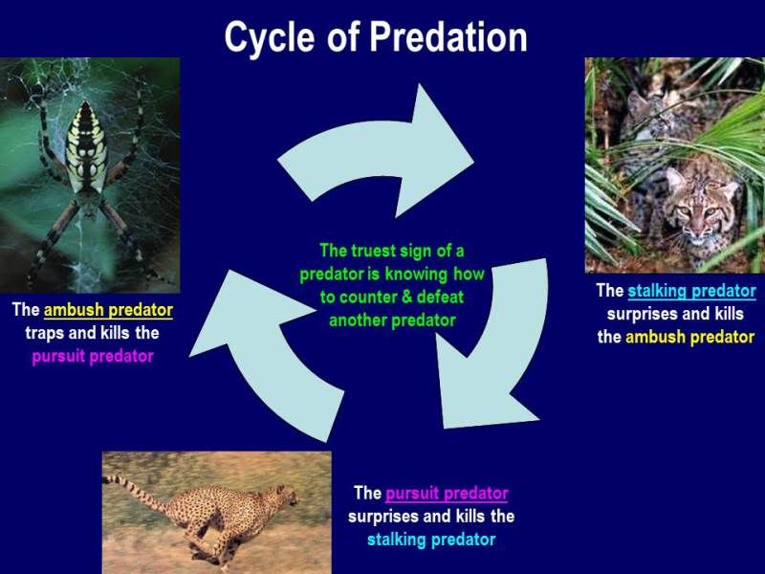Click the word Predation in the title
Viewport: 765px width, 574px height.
[448, 37]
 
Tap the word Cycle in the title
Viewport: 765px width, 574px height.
[270, 38]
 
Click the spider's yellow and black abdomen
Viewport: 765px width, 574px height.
[87, 146]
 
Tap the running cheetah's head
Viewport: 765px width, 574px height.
[287, 497]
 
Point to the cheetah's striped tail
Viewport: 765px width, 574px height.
[137, 493]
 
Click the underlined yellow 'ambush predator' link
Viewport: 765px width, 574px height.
[108, 310]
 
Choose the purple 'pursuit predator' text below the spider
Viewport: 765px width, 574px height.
[93, 356]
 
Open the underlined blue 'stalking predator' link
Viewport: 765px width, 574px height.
[691, 292]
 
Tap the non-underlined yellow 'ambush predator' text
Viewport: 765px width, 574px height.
[689, 338]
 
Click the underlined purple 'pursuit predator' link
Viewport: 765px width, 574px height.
[447, 494]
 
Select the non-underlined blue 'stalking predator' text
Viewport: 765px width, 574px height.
[431, 540]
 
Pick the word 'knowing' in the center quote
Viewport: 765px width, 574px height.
[416, 275]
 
